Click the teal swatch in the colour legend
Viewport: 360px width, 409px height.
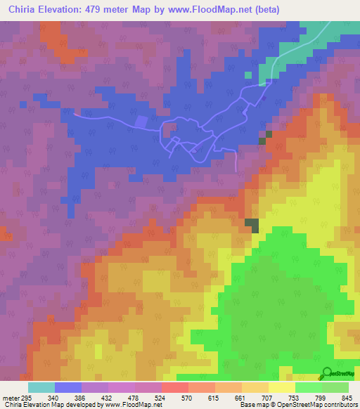(x=41, y=388)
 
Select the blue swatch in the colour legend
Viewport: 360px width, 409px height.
(x=68, y=388)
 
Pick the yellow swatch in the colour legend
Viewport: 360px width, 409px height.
(x=282, y=388)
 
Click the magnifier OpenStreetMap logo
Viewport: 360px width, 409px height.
(x=326, y=372)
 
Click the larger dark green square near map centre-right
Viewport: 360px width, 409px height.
(x=251, y=224)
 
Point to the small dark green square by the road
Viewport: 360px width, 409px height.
(x=262, y=141)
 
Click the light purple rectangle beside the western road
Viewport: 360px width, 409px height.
(x=141, y=122)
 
